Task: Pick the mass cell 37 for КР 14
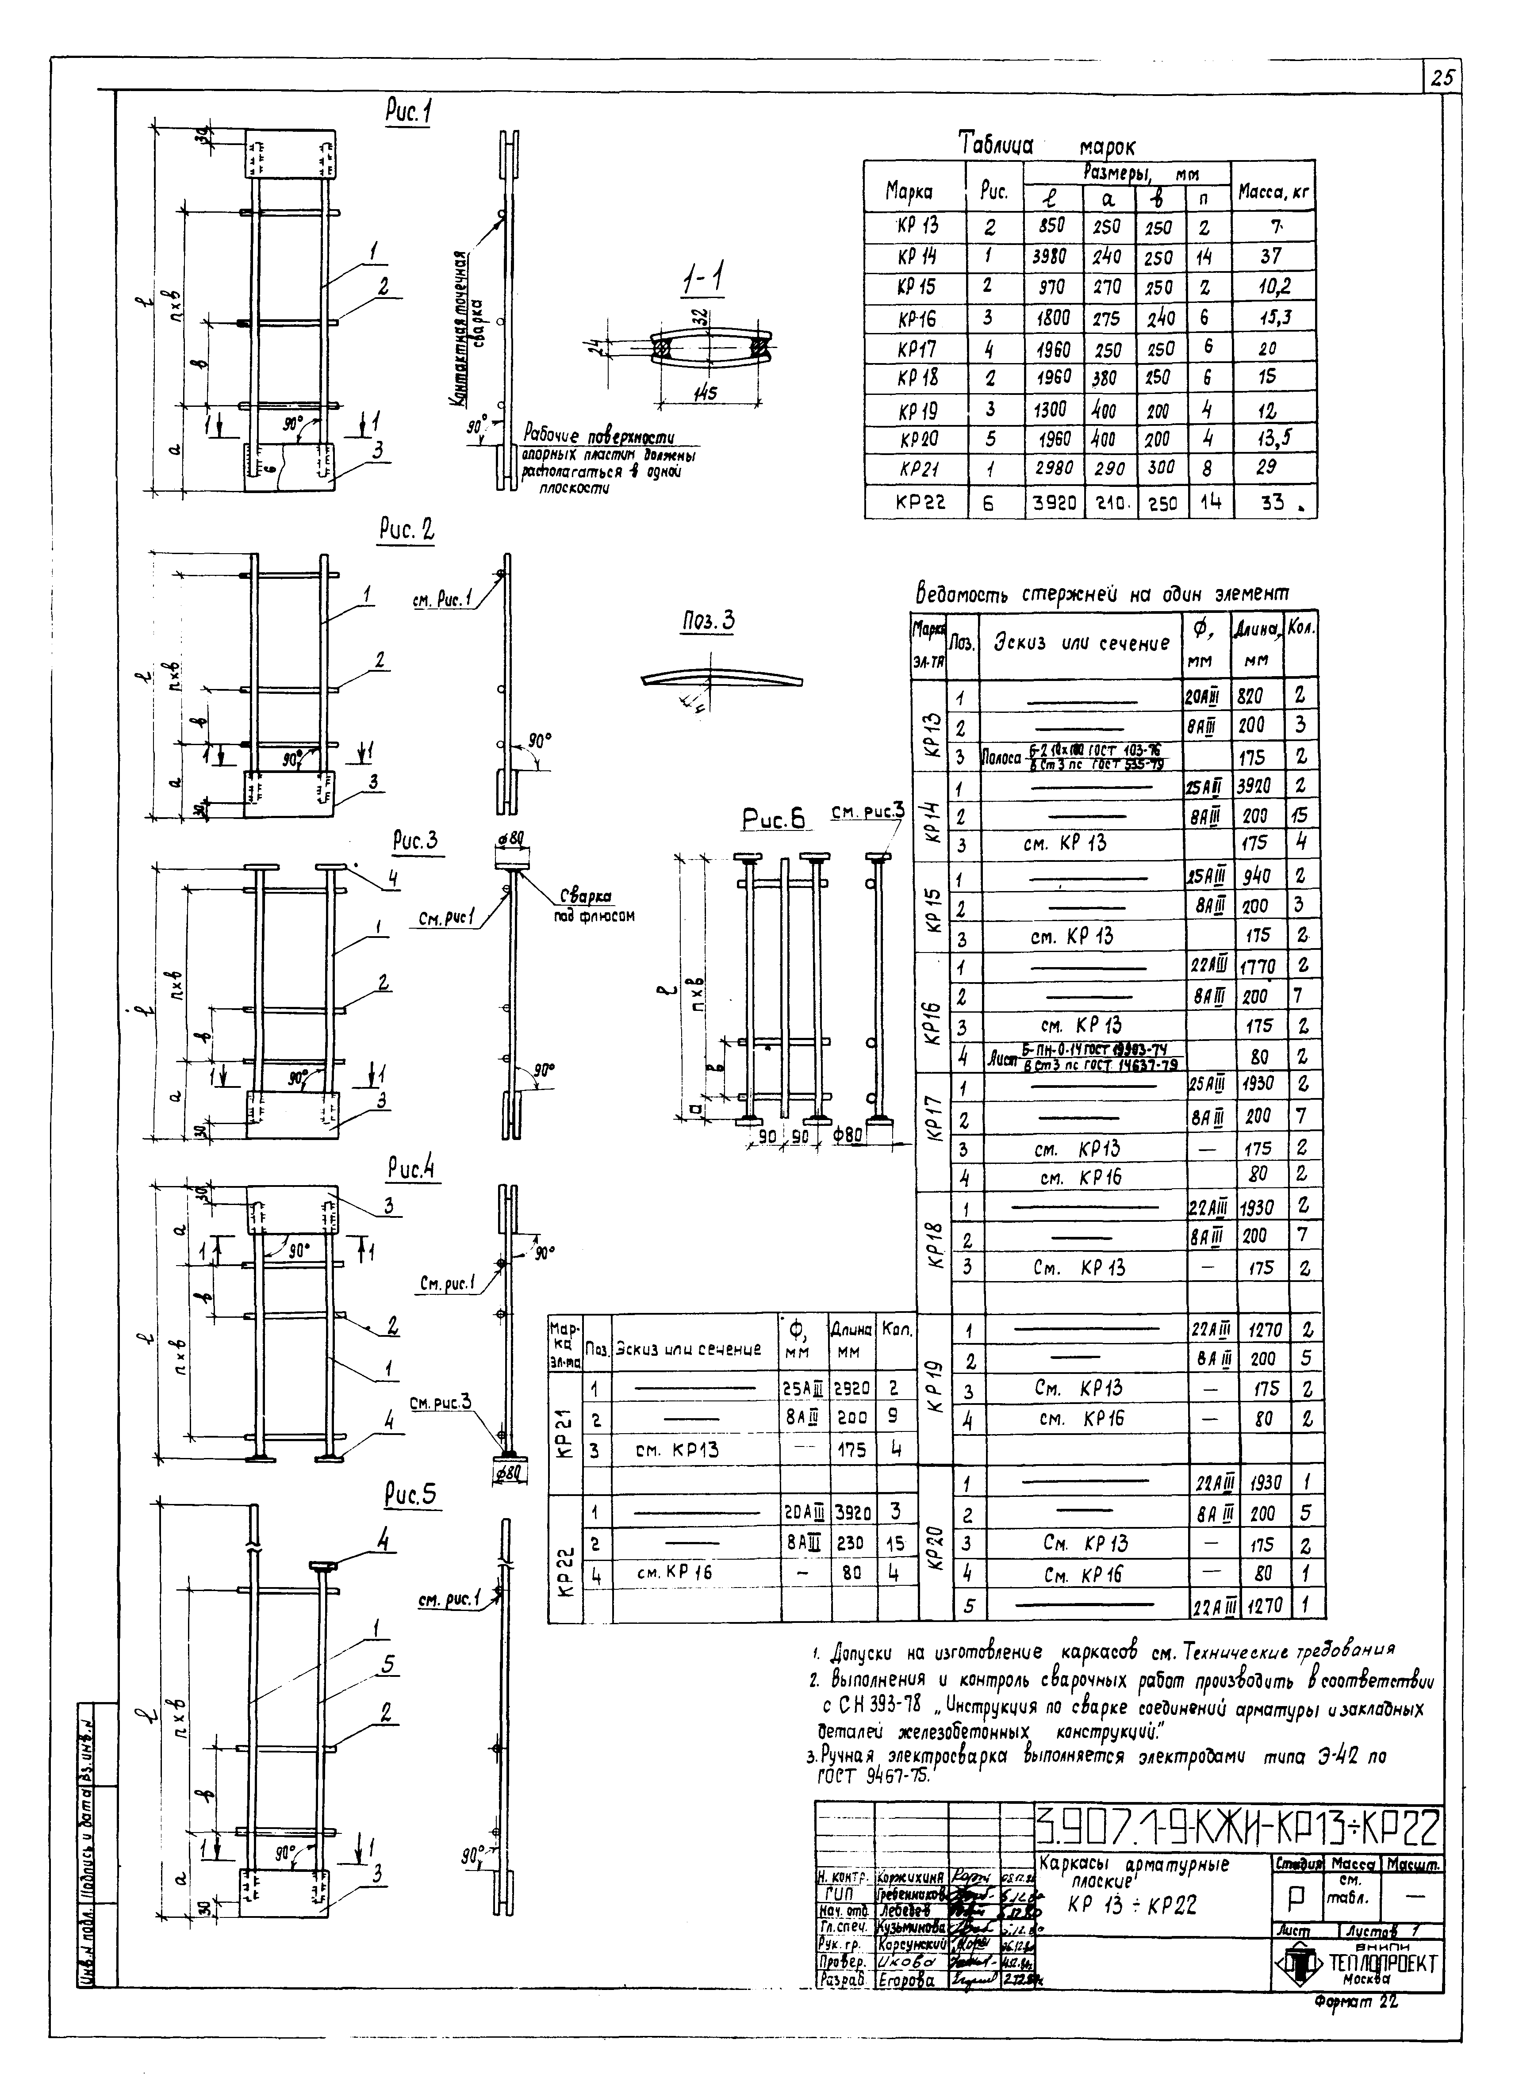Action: [1271, 256]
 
